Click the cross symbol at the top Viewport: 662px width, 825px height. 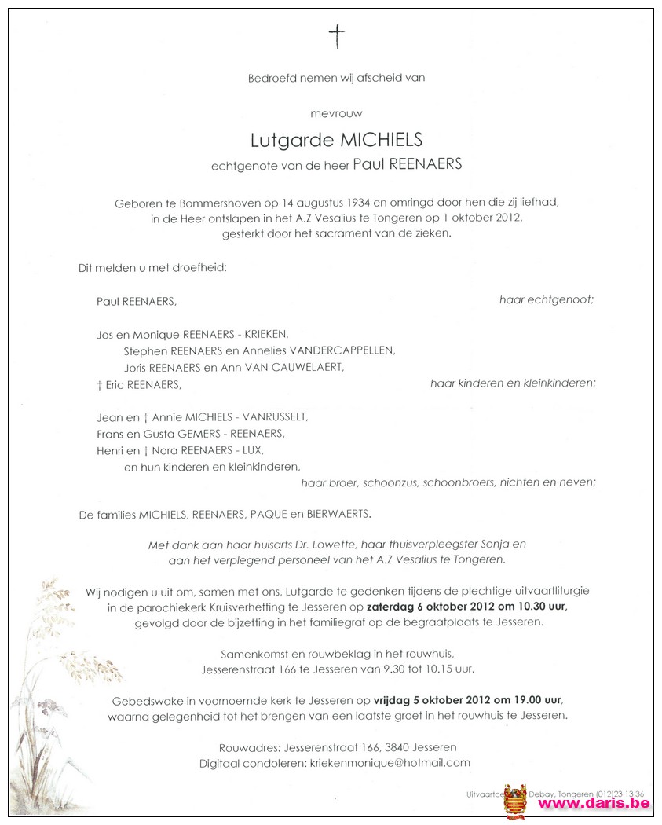point(336,35)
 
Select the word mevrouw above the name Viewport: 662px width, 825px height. point(336,113)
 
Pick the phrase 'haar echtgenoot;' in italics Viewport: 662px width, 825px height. point(547,300)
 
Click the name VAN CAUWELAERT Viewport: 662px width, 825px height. point(297,367)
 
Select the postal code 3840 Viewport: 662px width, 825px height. point(393,746)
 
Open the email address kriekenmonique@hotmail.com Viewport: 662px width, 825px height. point(400,762)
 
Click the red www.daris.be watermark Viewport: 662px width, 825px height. point(594,802)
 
